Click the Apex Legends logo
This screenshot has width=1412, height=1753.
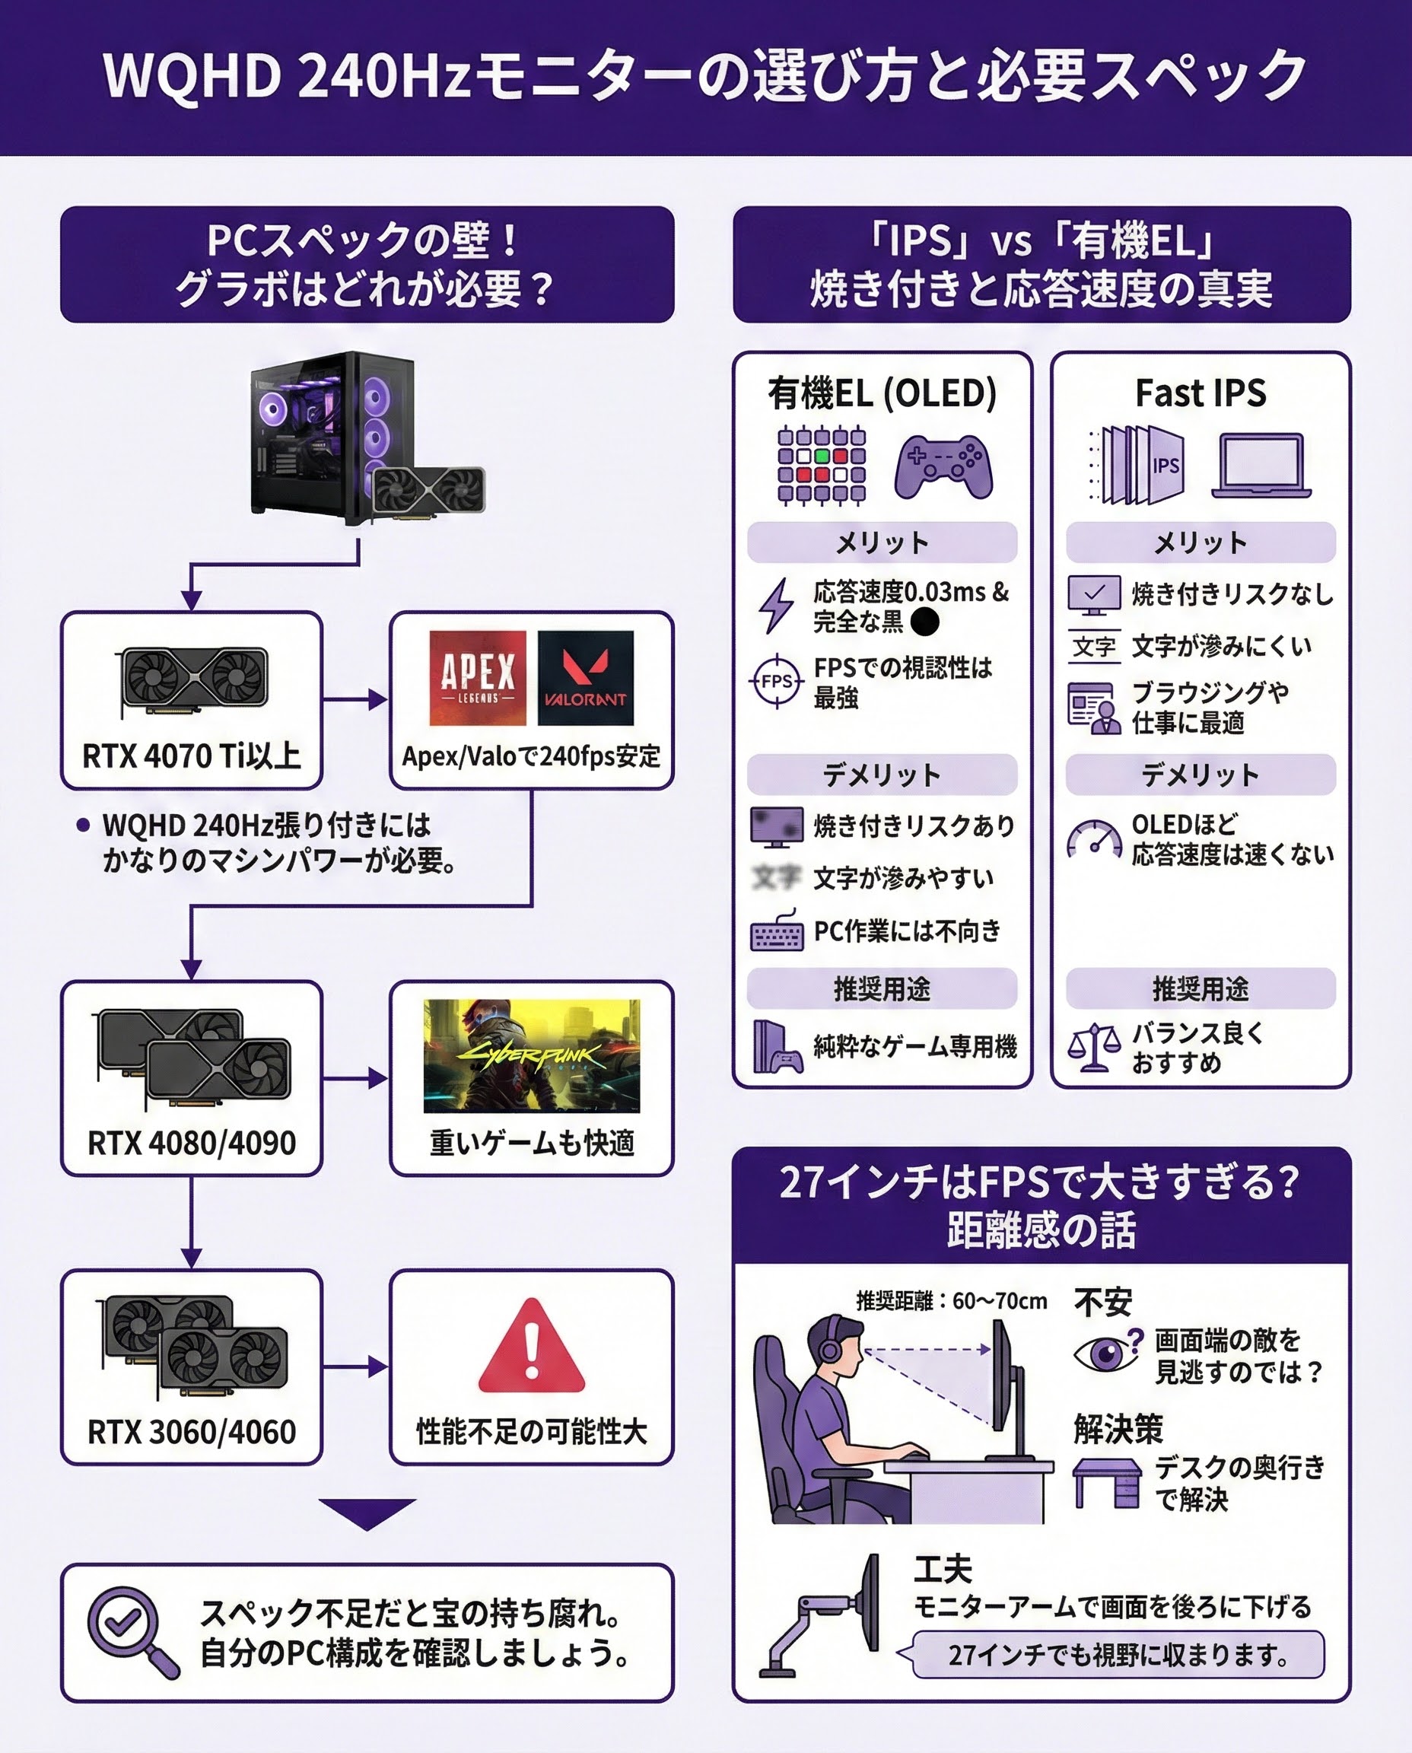[478, 678]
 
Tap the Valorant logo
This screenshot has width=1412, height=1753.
[585, 678]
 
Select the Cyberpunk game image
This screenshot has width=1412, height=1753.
[531, 1055]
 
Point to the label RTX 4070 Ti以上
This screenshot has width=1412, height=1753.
[192, 756]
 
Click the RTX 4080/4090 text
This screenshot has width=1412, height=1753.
[192, 1143]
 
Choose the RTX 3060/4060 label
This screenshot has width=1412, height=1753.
[192, 1432]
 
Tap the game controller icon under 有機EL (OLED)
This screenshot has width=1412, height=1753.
[943, 466]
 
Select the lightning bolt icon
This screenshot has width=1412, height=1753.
[776, 605]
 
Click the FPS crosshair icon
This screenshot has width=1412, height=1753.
[777, 682]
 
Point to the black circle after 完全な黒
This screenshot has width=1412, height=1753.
[925, 622]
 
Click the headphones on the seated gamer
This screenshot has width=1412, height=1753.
[831, 1347]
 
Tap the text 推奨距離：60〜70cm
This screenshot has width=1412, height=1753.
[951, 1301]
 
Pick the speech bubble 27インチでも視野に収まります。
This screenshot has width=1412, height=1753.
[1118, 1655]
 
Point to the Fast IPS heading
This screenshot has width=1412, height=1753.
[1200, 393]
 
